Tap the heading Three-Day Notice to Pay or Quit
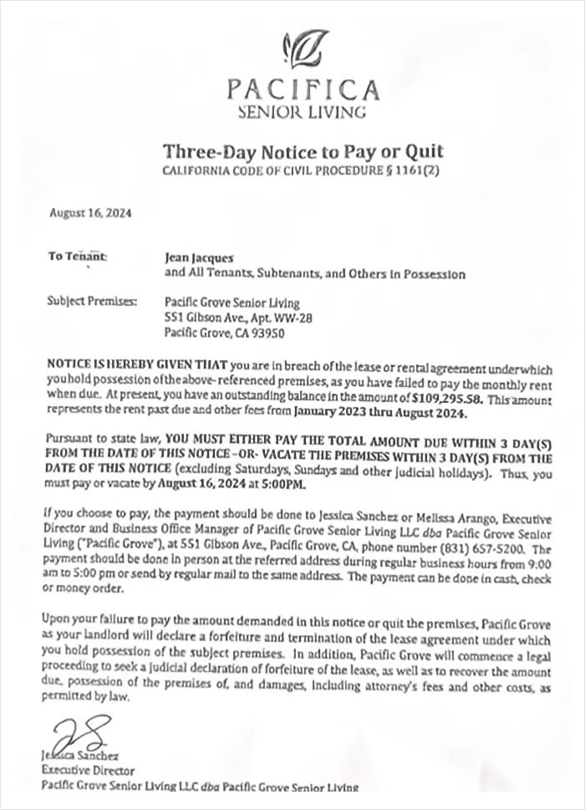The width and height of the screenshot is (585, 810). click(302, 151)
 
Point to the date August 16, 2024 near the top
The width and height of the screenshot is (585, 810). click(84, 214)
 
